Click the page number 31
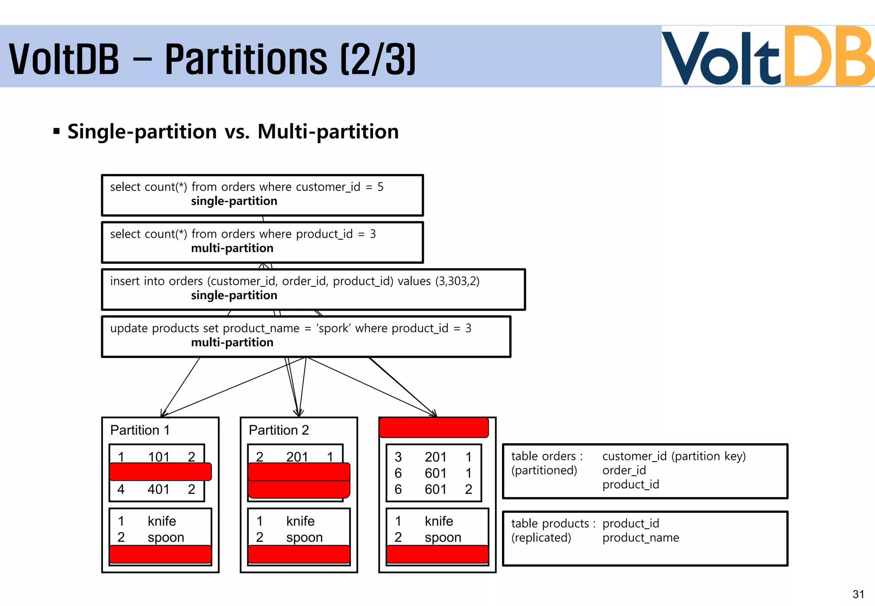(858, 594)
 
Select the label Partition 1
(140, 430)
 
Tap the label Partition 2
(279, 430)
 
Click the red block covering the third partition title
(434, 427)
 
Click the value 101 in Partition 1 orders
(159, 456)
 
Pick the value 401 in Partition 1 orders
(159, 489)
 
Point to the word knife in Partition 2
(300, 521)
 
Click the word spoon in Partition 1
(166, 537)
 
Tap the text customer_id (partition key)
(674, 456)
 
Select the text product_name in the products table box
(640, 538)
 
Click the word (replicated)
(541, 538)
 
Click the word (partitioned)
(544, 470)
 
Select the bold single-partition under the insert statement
(234, 295)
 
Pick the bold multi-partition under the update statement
(232, 342)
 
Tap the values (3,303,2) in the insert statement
(457, 281)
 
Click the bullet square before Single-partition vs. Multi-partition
(56, 131)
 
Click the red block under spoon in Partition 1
(160, 554)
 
